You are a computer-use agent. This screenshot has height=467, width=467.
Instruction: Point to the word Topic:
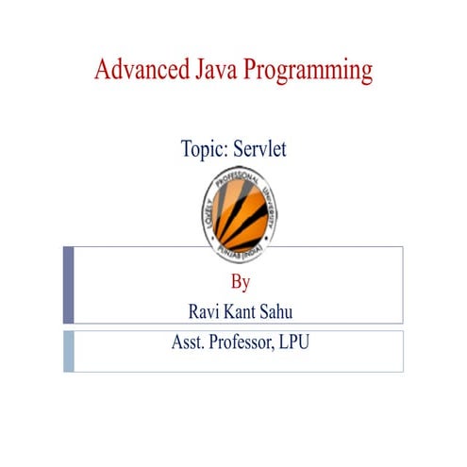click(x=205, y=149)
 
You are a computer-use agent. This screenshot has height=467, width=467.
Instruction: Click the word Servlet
click(x=263, y=149)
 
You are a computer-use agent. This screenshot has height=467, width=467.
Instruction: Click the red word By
click(x=240, y=281)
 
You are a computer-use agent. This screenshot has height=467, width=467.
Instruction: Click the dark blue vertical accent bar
click(x=69, y=285)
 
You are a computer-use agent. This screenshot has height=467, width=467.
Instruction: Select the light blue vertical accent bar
click(x=69, y=350)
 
